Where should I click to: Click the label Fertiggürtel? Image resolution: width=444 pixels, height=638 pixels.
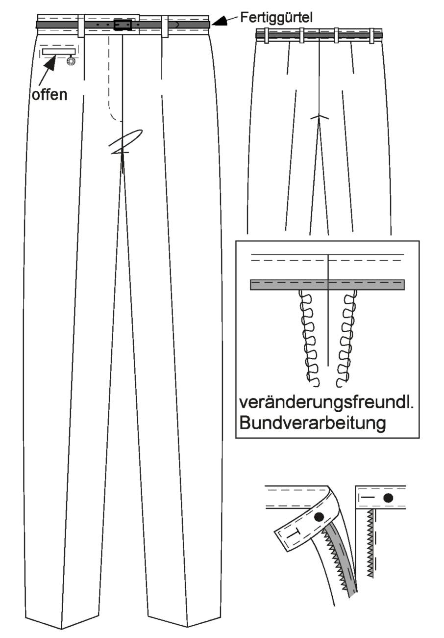click(276, 18)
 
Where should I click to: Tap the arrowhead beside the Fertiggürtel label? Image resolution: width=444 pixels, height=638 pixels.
click(221, 22)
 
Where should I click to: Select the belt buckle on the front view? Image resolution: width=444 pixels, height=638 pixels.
click(123, 25)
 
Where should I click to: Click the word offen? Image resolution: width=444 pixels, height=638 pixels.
click(49, 95)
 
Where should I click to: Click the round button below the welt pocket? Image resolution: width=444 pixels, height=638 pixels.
click(70, 61)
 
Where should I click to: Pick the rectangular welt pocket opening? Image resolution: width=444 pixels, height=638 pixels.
click(59, 52)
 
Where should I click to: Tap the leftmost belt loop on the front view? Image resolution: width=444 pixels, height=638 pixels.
click(81, 26)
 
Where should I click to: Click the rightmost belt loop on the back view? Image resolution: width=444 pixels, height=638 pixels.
click(372, 36)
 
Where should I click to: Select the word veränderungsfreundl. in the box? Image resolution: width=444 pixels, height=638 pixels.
click(326, 403)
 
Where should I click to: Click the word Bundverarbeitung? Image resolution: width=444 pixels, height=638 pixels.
click(313, 424)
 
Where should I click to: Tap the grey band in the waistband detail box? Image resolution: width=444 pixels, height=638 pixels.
click(327, 285)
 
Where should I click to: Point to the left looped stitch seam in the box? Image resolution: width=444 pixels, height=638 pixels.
click(309, 338)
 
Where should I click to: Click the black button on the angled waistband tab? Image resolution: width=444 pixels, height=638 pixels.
click(319, 516)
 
